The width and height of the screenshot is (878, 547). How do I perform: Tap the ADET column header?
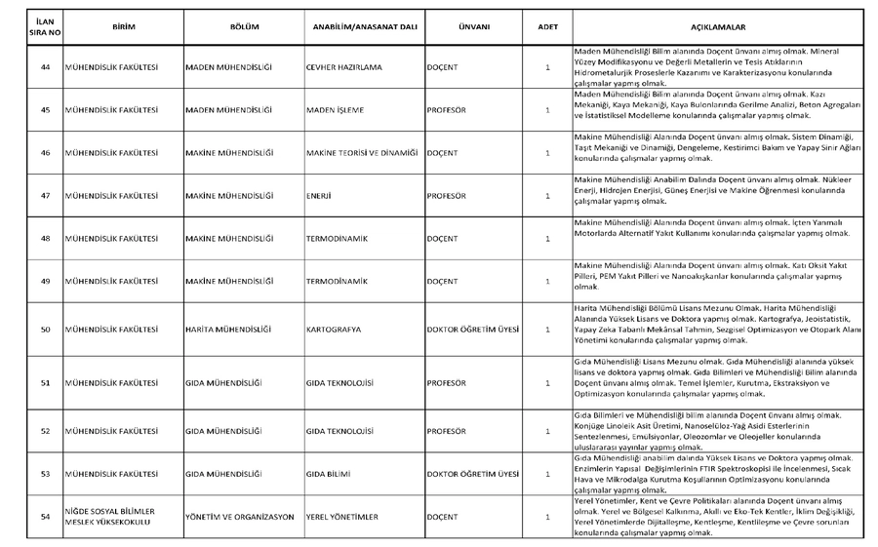[547, 26]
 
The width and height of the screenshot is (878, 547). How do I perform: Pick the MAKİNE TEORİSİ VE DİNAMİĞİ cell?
[362, 153]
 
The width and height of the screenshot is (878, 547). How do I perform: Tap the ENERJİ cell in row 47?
[319, 196]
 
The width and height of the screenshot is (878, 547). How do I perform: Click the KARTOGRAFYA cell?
[334, 330]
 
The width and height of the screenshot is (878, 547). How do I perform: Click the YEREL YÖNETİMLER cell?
[340, 517]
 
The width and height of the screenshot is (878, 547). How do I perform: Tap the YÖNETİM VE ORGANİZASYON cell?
[239, 517]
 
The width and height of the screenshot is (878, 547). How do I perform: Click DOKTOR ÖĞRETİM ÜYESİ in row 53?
[473, 474]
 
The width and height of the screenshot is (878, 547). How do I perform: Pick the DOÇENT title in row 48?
[443, 238]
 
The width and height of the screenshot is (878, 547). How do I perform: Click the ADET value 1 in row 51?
[547, 383]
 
